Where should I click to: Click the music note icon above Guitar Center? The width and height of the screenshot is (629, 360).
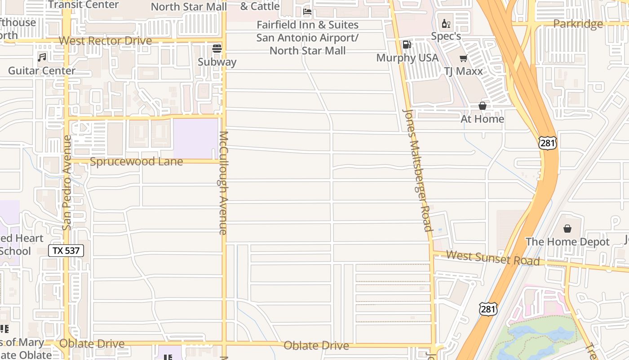click(x=42, y=58)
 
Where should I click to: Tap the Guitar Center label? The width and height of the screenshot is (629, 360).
click(x=42, y=71)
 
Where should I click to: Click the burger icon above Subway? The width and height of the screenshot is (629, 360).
click(x=217, y=49)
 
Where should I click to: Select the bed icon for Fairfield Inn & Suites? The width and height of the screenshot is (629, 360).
click(x=307, y=11)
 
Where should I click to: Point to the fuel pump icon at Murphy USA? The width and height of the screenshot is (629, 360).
click(x=407, y=45)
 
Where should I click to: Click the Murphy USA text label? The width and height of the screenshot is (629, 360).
click(x=407, y=58)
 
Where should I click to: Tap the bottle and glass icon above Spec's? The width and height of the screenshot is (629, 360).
click(x=446, y=23)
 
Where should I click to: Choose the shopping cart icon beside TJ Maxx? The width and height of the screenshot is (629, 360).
click(x=463, y=58)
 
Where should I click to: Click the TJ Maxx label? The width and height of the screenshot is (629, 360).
click(x=463, y=71)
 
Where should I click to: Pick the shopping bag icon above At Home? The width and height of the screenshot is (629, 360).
click(x=483, y=106)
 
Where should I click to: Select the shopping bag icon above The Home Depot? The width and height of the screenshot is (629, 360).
click(x=567, y=229)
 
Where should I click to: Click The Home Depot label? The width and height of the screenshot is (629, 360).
click(x=567, y=242)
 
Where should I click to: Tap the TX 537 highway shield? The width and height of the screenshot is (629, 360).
click(x=66, y=251)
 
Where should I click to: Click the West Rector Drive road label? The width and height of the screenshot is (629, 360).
click(x=105, y=41)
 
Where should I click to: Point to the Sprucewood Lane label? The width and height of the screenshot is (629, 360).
click(x=136, y=162)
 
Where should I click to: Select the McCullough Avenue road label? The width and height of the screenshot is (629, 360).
click(x=223, y=183)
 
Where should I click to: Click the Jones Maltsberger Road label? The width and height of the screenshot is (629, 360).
click(x=417, y=170)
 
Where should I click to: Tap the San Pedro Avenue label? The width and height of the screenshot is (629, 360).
click(x=67, y=183)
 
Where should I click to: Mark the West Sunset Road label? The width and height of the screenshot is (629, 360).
click(x=493, y=258)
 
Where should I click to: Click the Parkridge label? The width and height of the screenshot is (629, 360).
click(x=578, y=24)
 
